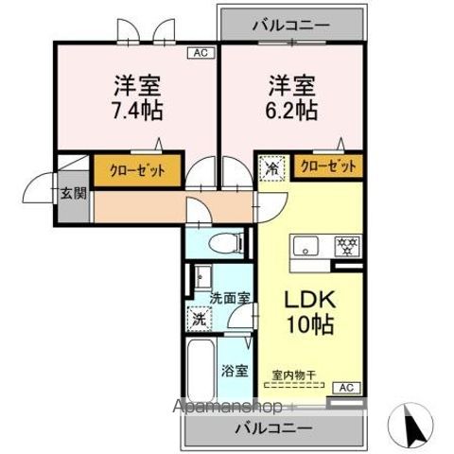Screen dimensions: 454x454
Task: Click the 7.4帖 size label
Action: (133, 110)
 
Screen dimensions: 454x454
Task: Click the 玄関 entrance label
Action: (74, 193)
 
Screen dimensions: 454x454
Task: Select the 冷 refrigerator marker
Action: (271, 170)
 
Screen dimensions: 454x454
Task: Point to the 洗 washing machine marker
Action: (199, 319)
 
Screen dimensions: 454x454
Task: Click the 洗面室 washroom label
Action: (230, 298)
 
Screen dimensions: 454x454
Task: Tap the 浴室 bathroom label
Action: (236, 371)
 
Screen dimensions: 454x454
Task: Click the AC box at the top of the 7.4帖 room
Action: (200, 53)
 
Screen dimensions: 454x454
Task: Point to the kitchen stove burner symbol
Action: (346, 247)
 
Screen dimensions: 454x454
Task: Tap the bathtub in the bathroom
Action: (200, 371)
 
